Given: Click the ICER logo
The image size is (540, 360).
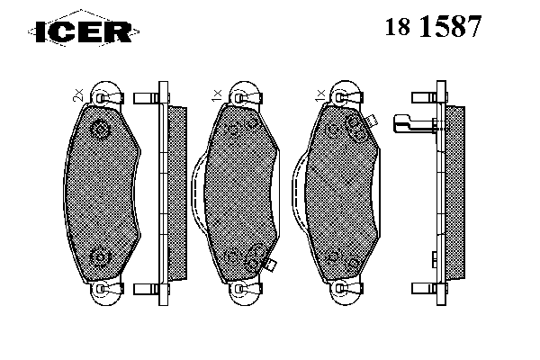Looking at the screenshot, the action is click(84, 31).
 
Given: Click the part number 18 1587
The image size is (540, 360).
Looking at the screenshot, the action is click(433, 26).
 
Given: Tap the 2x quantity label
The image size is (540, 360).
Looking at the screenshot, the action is click(78, 94).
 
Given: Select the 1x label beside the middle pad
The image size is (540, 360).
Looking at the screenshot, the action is click(217, 94).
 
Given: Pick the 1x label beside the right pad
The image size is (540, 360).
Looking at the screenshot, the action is click(319, 94).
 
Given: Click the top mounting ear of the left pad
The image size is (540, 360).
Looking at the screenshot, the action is click(106, 93).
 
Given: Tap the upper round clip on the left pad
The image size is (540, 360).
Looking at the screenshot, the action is click(101, 130).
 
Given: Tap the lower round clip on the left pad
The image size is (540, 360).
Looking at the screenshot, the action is click(101, 257).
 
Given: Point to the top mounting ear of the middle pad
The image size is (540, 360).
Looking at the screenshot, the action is click(245, 93).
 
